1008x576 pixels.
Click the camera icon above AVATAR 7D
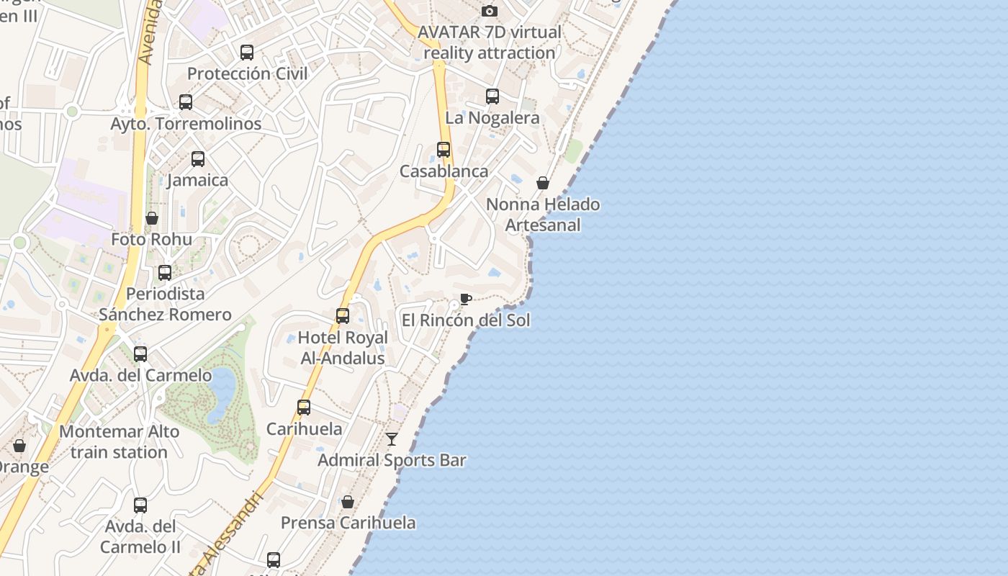tap(490, 11)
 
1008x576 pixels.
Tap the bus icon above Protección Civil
tap(247, 52)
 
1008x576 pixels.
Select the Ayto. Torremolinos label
tap(186, 124)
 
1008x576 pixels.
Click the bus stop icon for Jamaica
tap(198, 159)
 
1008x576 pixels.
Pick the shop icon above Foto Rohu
tap(152, 218)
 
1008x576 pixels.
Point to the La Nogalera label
tap(492, 117)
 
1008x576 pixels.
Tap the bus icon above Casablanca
tap(444, 150)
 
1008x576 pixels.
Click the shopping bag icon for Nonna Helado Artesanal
tap(543, 183)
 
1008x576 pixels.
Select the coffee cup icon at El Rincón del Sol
tap(466, 299)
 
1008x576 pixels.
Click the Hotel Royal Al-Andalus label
tap(343, 348)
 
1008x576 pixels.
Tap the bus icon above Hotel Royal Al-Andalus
tap(343, 315)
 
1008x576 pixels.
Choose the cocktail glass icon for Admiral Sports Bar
tap(392, 438)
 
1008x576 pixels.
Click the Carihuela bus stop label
tap(304, 429)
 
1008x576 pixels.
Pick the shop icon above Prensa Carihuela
tap(348, 502)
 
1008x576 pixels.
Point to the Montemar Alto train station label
tap(120, 442)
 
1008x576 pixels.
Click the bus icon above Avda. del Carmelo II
tap(140, 505)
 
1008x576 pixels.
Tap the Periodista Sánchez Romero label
tap(165, 304)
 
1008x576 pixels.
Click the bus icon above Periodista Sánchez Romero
tap(165, 272)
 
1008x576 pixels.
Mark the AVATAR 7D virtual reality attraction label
tap(490, 42)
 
